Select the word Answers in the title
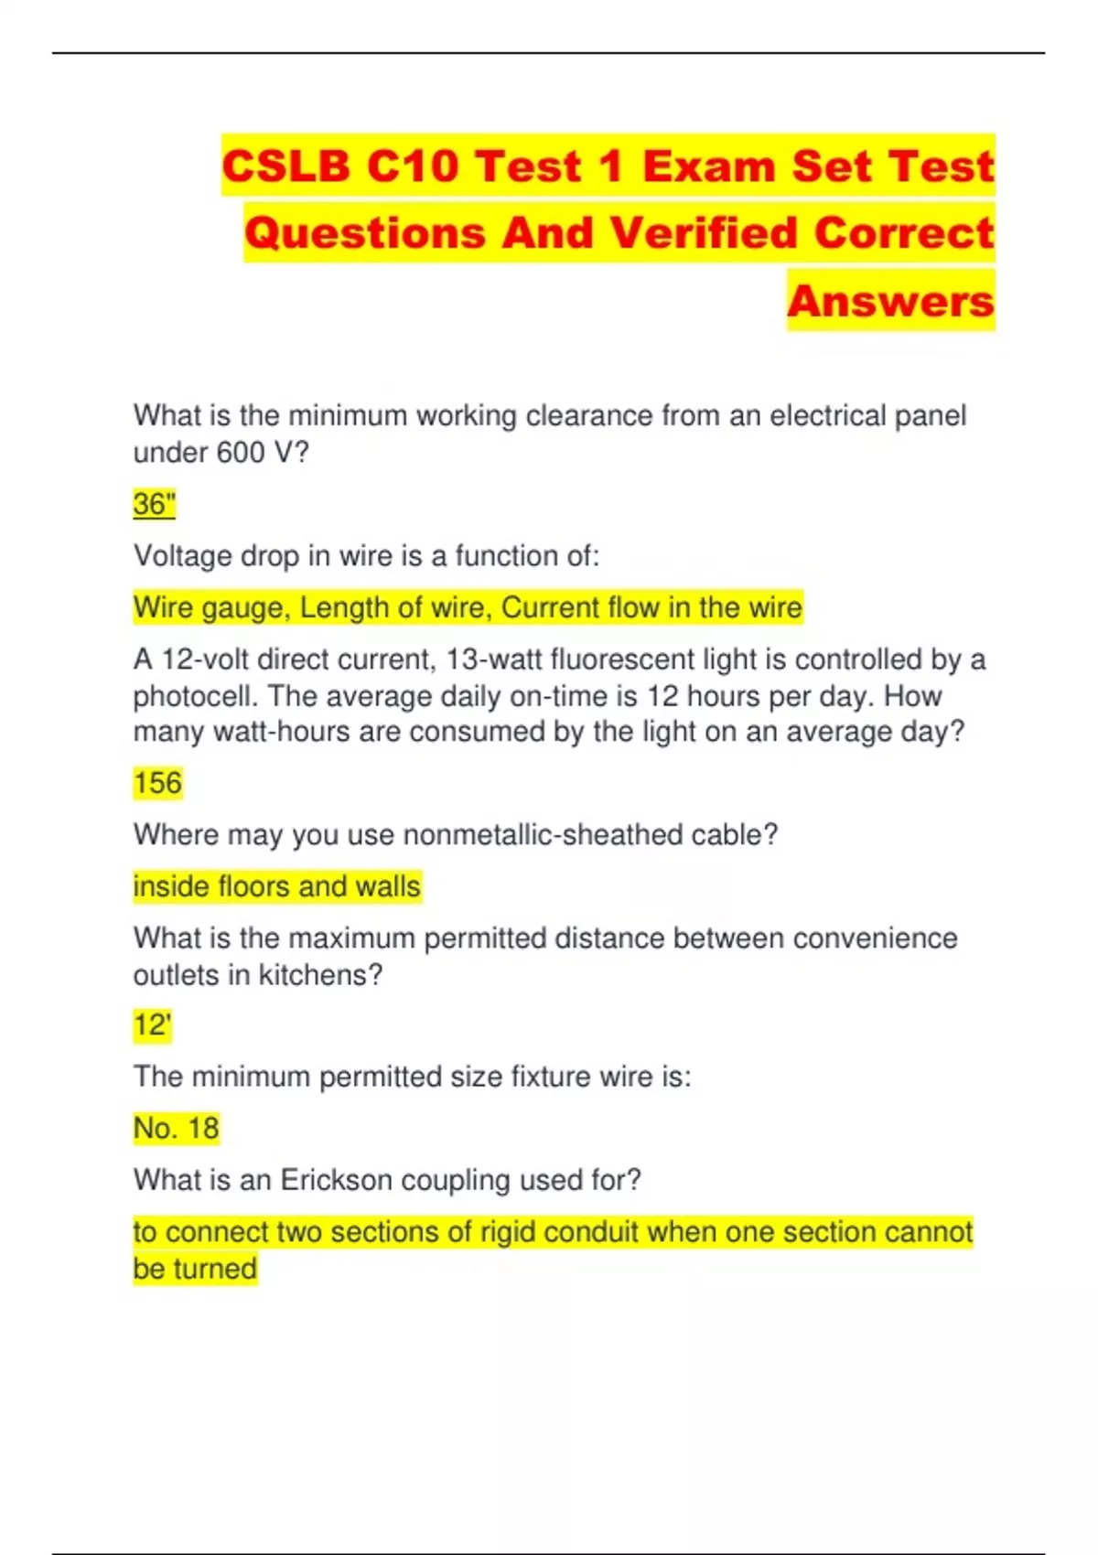(x=890, y=301)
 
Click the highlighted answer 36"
(x=154, y=504)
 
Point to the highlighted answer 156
(x=157, y=783)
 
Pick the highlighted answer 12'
(x=152, y=1024)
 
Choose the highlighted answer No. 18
(x=176, y=1128)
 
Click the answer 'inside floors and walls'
(x=276, y=886)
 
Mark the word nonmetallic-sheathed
(x=543, y=834)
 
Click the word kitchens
(x=319, y=975)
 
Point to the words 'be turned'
(x=195, y=1269)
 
